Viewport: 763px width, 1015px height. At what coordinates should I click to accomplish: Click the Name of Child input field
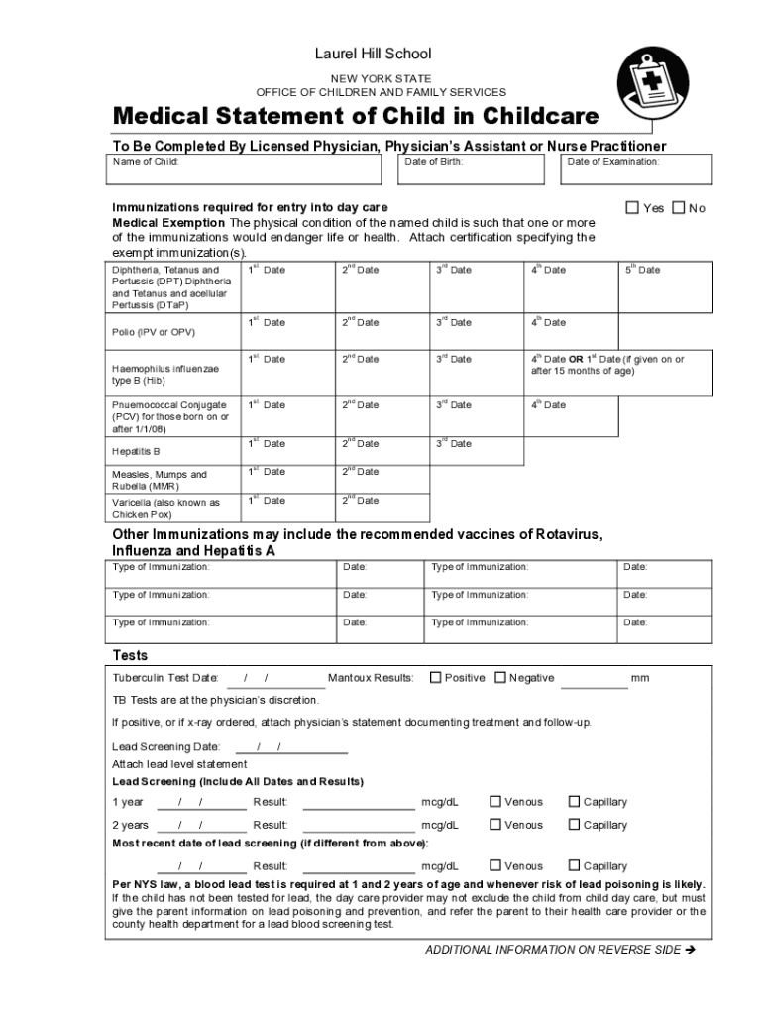click(244, 169)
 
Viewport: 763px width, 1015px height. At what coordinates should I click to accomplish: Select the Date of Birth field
click(473, 169)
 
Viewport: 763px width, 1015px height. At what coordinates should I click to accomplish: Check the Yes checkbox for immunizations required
click(631, 208)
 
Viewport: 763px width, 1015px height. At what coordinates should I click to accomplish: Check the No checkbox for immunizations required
click(678, 208)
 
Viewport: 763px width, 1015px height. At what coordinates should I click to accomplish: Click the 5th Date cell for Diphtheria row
click(665, 286)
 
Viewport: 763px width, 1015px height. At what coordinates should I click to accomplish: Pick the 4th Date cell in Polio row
click(571, 331)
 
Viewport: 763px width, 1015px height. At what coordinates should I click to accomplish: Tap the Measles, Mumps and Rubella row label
click(160, 481)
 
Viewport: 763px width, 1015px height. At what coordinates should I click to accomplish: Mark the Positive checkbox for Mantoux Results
click(435, 678)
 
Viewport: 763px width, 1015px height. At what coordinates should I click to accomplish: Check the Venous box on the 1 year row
click(494, 802)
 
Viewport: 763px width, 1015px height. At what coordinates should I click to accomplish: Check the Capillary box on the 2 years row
click(573, 825)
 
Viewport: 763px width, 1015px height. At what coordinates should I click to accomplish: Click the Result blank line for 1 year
click(358, 802)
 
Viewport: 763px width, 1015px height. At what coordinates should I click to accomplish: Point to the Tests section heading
click(130, 655)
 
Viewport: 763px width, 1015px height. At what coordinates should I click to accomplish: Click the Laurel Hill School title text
click(373, 54)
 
